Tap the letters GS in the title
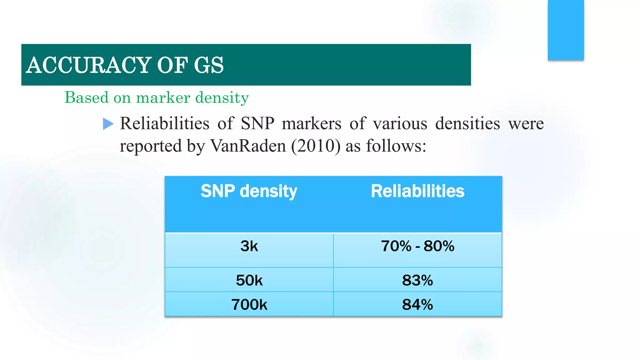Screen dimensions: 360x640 [x=208, y=65]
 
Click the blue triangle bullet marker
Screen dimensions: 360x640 [x=108, y=124]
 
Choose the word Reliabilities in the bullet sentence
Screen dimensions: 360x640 [x=164, y=123]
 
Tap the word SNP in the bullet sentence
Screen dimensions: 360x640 [x=257, y=123]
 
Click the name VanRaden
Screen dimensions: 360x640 [x=248, y=146]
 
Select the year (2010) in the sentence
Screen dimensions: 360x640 [x=316, y=146]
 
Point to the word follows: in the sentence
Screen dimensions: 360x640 [x=396, y=146]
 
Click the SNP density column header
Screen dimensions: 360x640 [x=249, y=191]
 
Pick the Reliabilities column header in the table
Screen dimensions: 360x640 [x=417, y=191]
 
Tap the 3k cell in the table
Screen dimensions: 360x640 [x=249, y=246]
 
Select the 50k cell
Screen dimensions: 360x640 [x=249, y=280]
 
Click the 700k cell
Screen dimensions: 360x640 [x=249, y=304]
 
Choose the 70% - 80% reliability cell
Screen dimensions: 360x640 [x=417, y=246]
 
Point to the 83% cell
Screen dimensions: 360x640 [x=417, y=280]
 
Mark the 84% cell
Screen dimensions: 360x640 [x=417, y=304]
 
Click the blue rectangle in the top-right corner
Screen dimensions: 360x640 [x=566, y=30]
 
